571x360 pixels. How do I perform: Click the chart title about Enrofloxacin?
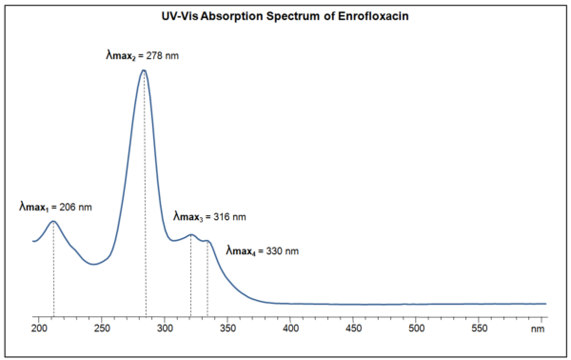tap(285, 17)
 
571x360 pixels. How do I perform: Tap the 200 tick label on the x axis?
tap(39, 329)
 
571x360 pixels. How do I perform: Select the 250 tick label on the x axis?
tap(102, 329)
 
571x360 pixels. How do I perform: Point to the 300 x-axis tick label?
tap(165, 329)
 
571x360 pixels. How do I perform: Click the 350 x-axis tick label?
tap(227, 329)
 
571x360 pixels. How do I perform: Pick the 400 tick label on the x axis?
tap(290, 329)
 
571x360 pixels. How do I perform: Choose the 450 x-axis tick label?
tap(353, 329)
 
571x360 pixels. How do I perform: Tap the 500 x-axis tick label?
tap(416, 329)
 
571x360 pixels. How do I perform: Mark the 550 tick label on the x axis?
tap(479, 329)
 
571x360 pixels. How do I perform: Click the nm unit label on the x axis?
tap(539, 329)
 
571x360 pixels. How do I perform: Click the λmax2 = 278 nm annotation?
tap(142, 56)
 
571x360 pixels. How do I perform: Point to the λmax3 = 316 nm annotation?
tap(209, 217)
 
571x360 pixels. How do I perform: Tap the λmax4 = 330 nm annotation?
tap(263, 251)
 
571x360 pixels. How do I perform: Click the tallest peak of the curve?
tap(144, 70)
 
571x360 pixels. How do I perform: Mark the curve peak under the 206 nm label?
tap(53, 222)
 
